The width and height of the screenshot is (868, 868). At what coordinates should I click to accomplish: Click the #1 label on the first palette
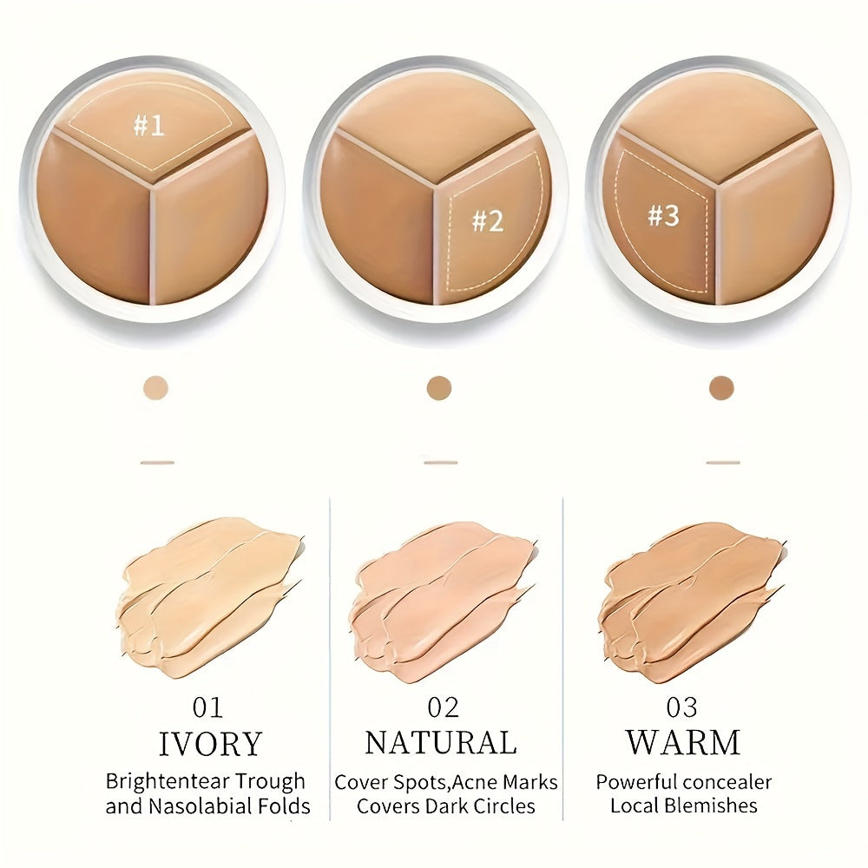[x=148, y=126]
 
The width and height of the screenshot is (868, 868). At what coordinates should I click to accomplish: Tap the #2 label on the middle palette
[x=488, y=220]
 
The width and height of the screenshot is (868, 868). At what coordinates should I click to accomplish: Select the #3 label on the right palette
[x=663, y=215]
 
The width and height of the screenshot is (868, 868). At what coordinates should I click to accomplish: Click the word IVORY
[x=210, y=744]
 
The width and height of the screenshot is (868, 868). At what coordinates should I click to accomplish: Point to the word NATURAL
[x=440, y=743]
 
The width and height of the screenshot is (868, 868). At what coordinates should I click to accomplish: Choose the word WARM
[x=682, y=743]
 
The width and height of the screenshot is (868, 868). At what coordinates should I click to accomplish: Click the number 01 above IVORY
[x=208, y=707]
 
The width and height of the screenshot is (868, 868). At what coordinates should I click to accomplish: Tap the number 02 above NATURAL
[x=443, y=707]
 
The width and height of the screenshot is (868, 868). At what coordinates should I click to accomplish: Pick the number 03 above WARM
[x=682, y=707]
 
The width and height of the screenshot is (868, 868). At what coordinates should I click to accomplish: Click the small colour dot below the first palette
[x=157, y=387]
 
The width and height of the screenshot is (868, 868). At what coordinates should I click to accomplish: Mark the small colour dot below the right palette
[x=721, y=387]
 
